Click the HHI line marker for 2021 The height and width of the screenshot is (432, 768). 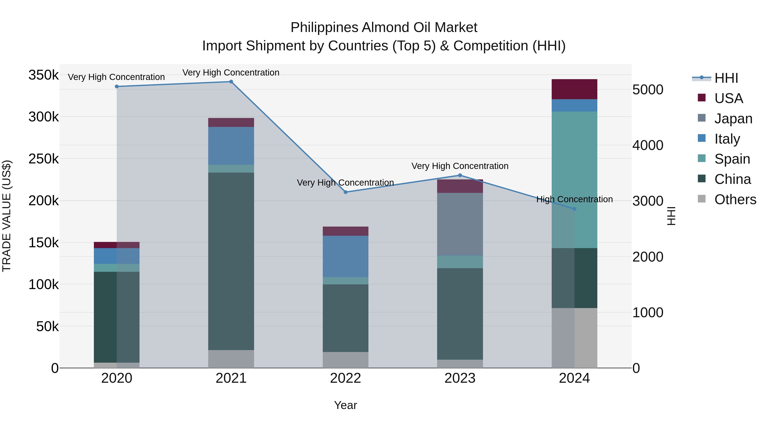click(231, 82)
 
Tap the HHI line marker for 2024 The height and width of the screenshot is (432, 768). click(575, 209)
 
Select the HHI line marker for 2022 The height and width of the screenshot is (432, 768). click(346, 192)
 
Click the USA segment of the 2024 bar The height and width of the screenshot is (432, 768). click(575, 89)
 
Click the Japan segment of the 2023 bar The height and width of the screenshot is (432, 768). click(460, 224)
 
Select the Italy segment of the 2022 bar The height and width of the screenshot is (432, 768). click(346, 256)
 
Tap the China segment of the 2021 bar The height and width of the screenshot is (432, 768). click(231, 261)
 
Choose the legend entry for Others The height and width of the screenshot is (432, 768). click(735, 199)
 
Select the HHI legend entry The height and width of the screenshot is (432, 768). click(726, 78)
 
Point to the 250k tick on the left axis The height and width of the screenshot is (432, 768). click(44, 159)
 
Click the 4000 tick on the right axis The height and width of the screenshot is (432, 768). click(648, 145)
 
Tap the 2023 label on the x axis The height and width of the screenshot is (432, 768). click(460, 378)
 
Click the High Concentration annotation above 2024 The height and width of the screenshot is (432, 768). click(575, 199)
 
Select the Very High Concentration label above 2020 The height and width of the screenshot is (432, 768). click(116, 77)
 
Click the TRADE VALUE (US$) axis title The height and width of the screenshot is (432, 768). click(7, 216)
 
